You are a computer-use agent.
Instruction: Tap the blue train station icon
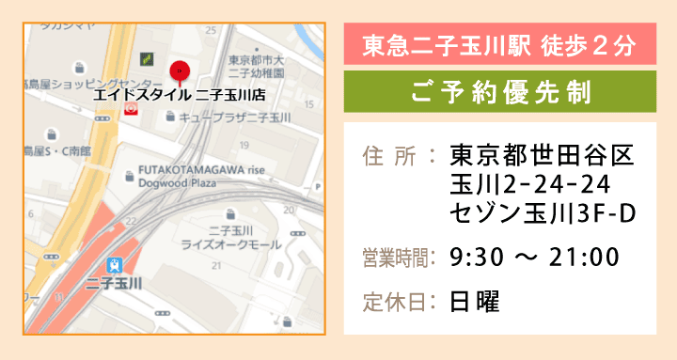coord(115,265)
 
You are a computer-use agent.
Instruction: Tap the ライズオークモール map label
coord(231,243)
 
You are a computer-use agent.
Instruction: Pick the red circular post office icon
coord(131,109)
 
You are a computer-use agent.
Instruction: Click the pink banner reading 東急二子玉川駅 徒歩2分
coord(499,44)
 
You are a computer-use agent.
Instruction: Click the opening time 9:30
coord(475,256)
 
